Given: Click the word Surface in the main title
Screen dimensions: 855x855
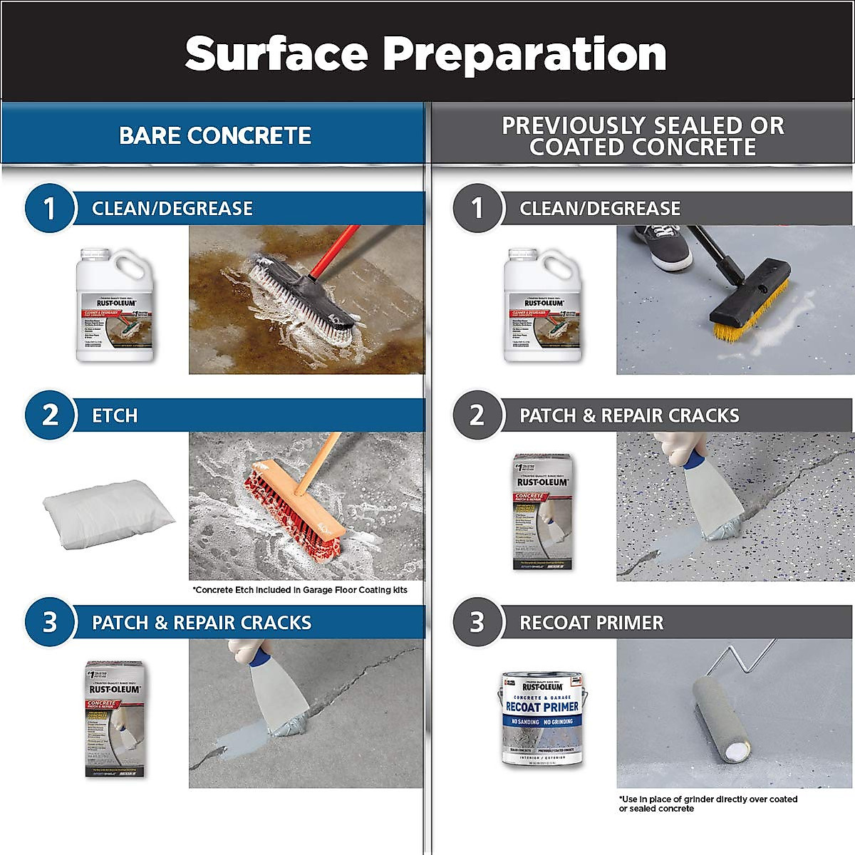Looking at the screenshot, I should pos(276,53).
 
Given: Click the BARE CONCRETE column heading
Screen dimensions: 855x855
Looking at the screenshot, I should pos(214,135).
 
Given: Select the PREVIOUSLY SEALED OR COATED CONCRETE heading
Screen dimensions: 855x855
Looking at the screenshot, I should pos(643,136).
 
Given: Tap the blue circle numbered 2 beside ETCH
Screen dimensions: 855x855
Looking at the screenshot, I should pos(50,415).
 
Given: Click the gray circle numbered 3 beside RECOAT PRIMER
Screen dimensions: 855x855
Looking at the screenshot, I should pos(477,622).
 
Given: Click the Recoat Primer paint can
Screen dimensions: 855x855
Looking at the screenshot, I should pos(542,718).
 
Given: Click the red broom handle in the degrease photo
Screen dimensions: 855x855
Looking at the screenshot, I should pos(335,253).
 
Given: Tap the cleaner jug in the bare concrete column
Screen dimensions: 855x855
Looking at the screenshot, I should pos(115,305).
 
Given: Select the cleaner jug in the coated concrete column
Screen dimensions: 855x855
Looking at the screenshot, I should pos(542,305).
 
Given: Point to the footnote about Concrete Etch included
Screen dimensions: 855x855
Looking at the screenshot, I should pos(300,590).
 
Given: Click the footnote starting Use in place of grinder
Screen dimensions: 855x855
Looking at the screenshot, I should pos(708,804).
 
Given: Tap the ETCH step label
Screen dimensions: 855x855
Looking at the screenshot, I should pos(115,415).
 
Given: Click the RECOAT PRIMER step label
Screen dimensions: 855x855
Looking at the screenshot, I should pos(591,623).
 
